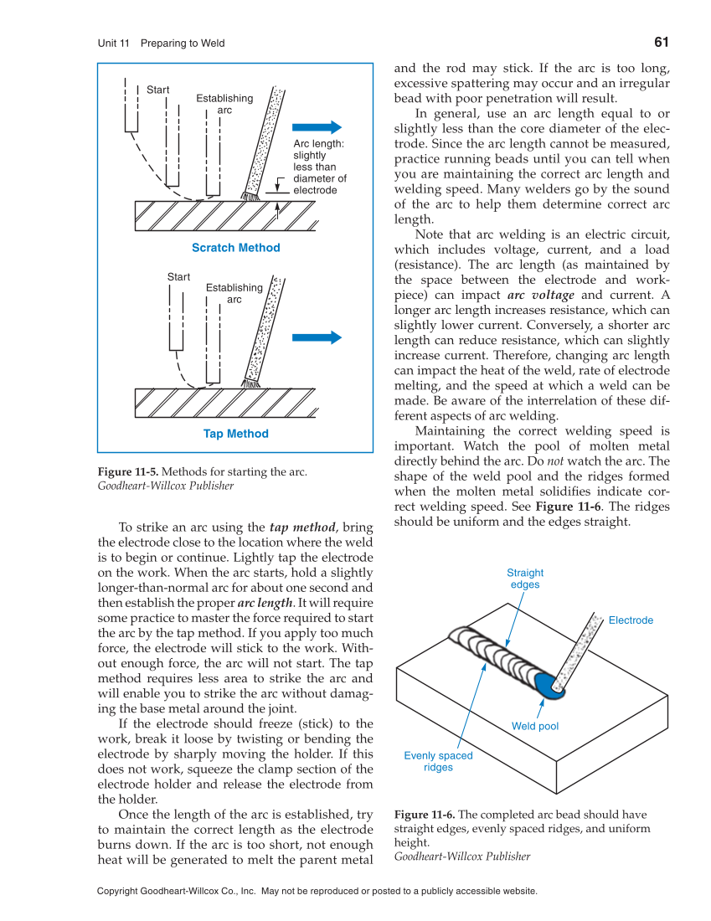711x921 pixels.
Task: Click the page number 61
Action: click(660, 43)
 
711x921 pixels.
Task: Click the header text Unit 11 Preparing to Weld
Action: click(161, 44)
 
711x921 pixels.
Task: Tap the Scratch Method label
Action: click(235, 248)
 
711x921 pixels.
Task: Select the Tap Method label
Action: click(235, 434)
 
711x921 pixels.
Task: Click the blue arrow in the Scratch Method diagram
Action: click(317, 127)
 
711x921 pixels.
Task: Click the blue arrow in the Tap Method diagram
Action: click(317, 337)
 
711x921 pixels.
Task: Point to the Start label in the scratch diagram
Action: click(157, 90)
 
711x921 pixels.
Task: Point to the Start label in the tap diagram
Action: click(178, 277)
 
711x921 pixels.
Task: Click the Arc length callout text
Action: click(319, 167)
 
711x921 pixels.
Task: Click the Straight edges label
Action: click(525, 579)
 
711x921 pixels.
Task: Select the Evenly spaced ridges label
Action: click(438, 761)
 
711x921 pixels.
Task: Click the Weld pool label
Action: click(535, 726)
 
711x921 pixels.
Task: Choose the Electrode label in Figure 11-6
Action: click(631, 620)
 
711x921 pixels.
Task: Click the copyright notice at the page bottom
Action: click(317, 892)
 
